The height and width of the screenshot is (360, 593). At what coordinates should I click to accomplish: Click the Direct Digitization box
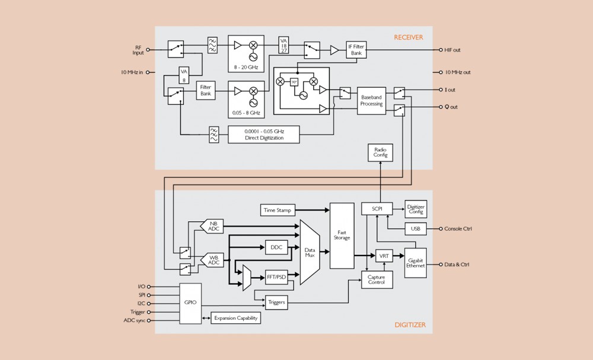(x=264, y=134)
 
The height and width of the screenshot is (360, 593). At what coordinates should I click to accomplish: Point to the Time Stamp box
(x=278, y=210)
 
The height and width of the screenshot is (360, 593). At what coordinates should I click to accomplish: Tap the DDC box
(x=276, y=248)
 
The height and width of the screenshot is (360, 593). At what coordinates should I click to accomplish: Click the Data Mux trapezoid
(x=310, y=252)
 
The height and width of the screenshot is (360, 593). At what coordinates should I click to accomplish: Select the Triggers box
(x=276, y=302)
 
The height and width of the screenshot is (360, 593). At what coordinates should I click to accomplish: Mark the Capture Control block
(x=377, y=279)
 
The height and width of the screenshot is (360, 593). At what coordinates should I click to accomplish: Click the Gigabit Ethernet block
(x=416, y=263)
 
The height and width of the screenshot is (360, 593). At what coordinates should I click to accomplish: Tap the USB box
(x=415, y=228)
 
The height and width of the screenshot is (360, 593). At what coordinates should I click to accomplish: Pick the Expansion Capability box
(x=235, y=318)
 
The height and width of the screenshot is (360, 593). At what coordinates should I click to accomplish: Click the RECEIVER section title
(x=409, y=37)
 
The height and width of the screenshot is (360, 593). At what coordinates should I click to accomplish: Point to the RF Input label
(x=138, y=50)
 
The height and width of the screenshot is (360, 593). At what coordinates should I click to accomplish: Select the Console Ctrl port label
(x=458, y=228)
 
